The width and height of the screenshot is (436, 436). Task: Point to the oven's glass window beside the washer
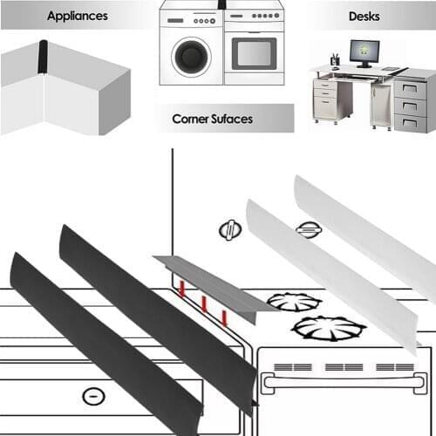coord(254,53)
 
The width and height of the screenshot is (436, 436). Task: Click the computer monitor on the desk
coord(363,51)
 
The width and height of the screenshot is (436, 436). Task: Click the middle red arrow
coord(203,303)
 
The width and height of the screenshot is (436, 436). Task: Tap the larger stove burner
coord(328,329)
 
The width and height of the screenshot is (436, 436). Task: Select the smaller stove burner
coord(295,302)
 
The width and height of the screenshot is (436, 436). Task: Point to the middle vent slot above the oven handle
coord(335,367)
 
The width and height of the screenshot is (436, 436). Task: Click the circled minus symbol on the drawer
coord(90,397)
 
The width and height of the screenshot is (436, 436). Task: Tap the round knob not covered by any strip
coord(229,231)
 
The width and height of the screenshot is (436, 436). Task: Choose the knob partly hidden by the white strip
coord(307,229)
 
